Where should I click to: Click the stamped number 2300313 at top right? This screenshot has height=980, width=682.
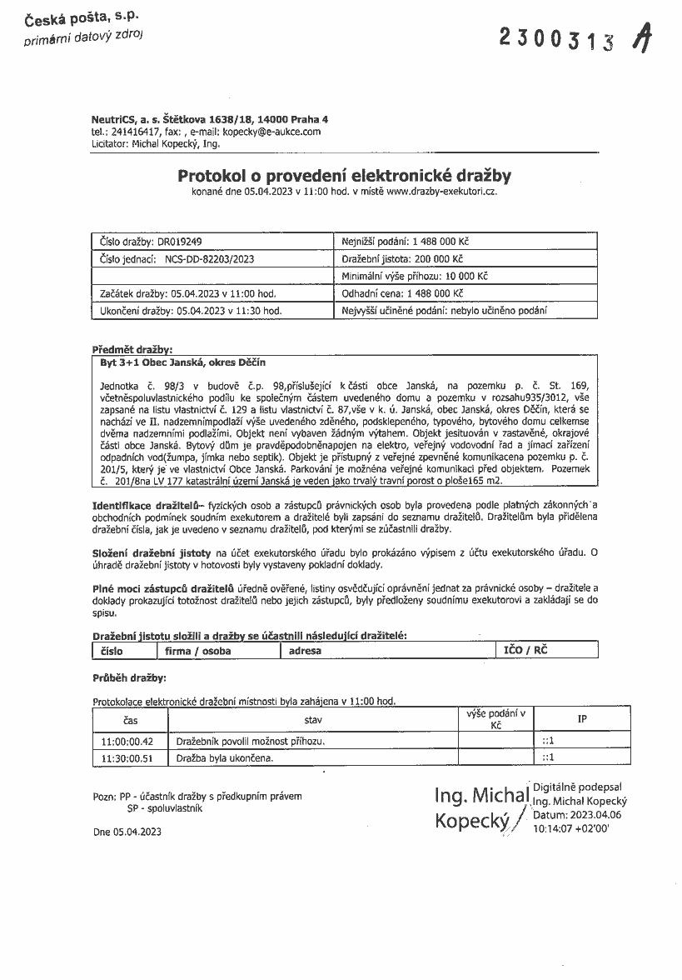558,38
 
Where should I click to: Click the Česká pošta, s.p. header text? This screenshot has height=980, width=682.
82,17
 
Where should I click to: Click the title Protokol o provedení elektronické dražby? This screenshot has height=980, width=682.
344,176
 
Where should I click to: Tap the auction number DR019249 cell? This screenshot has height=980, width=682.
151,242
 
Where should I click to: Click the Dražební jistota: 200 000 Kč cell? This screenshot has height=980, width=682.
403,259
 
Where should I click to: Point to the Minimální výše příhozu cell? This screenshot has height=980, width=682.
415,276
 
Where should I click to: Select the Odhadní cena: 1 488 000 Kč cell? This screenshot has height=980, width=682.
402,293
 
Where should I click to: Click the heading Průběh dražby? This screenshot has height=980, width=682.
129,677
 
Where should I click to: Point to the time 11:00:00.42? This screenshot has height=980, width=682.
127,741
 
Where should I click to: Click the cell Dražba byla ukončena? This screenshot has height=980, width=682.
224,758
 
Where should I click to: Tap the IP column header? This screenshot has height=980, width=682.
582,718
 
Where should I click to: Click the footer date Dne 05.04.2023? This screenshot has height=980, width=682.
127,832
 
